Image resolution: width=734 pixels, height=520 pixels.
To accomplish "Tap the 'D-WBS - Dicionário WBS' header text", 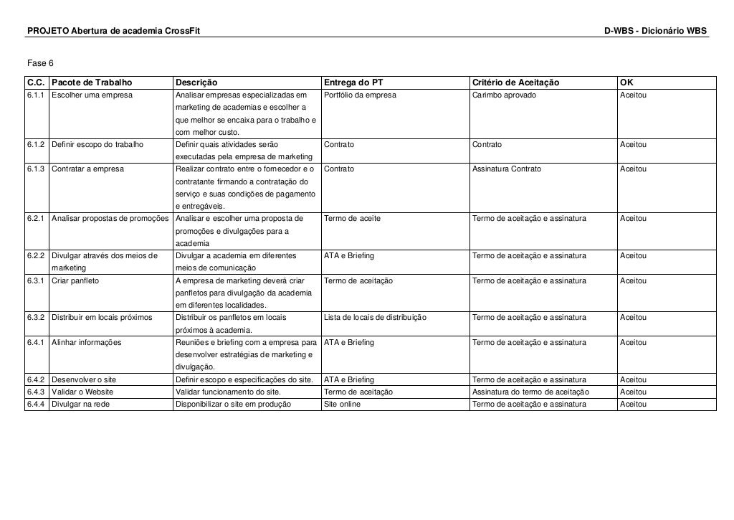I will (x=655, y=32).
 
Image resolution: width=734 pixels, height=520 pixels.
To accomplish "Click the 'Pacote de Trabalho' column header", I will (x=92, y=82).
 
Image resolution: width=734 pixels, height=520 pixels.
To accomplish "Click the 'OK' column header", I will (x=626, y=82).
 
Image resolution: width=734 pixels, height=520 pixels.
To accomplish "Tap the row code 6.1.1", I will (x=37, y=95).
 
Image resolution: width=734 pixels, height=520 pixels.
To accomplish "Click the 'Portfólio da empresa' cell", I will (x=360, y=95).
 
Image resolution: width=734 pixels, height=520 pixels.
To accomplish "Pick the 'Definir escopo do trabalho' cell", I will (x=97, y=144).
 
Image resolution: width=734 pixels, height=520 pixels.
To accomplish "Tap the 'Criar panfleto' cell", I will (x=75, y=280).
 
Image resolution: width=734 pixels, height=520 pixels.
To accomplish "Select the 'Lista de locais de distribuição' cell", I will (x=376, y=317).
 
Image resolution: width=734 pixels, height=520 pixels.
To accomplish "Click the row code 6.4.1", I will (x=37, y=342).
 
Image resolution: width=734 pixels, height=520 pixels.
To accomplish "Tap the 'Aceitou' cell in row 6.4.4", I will (x=634, y=404).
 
